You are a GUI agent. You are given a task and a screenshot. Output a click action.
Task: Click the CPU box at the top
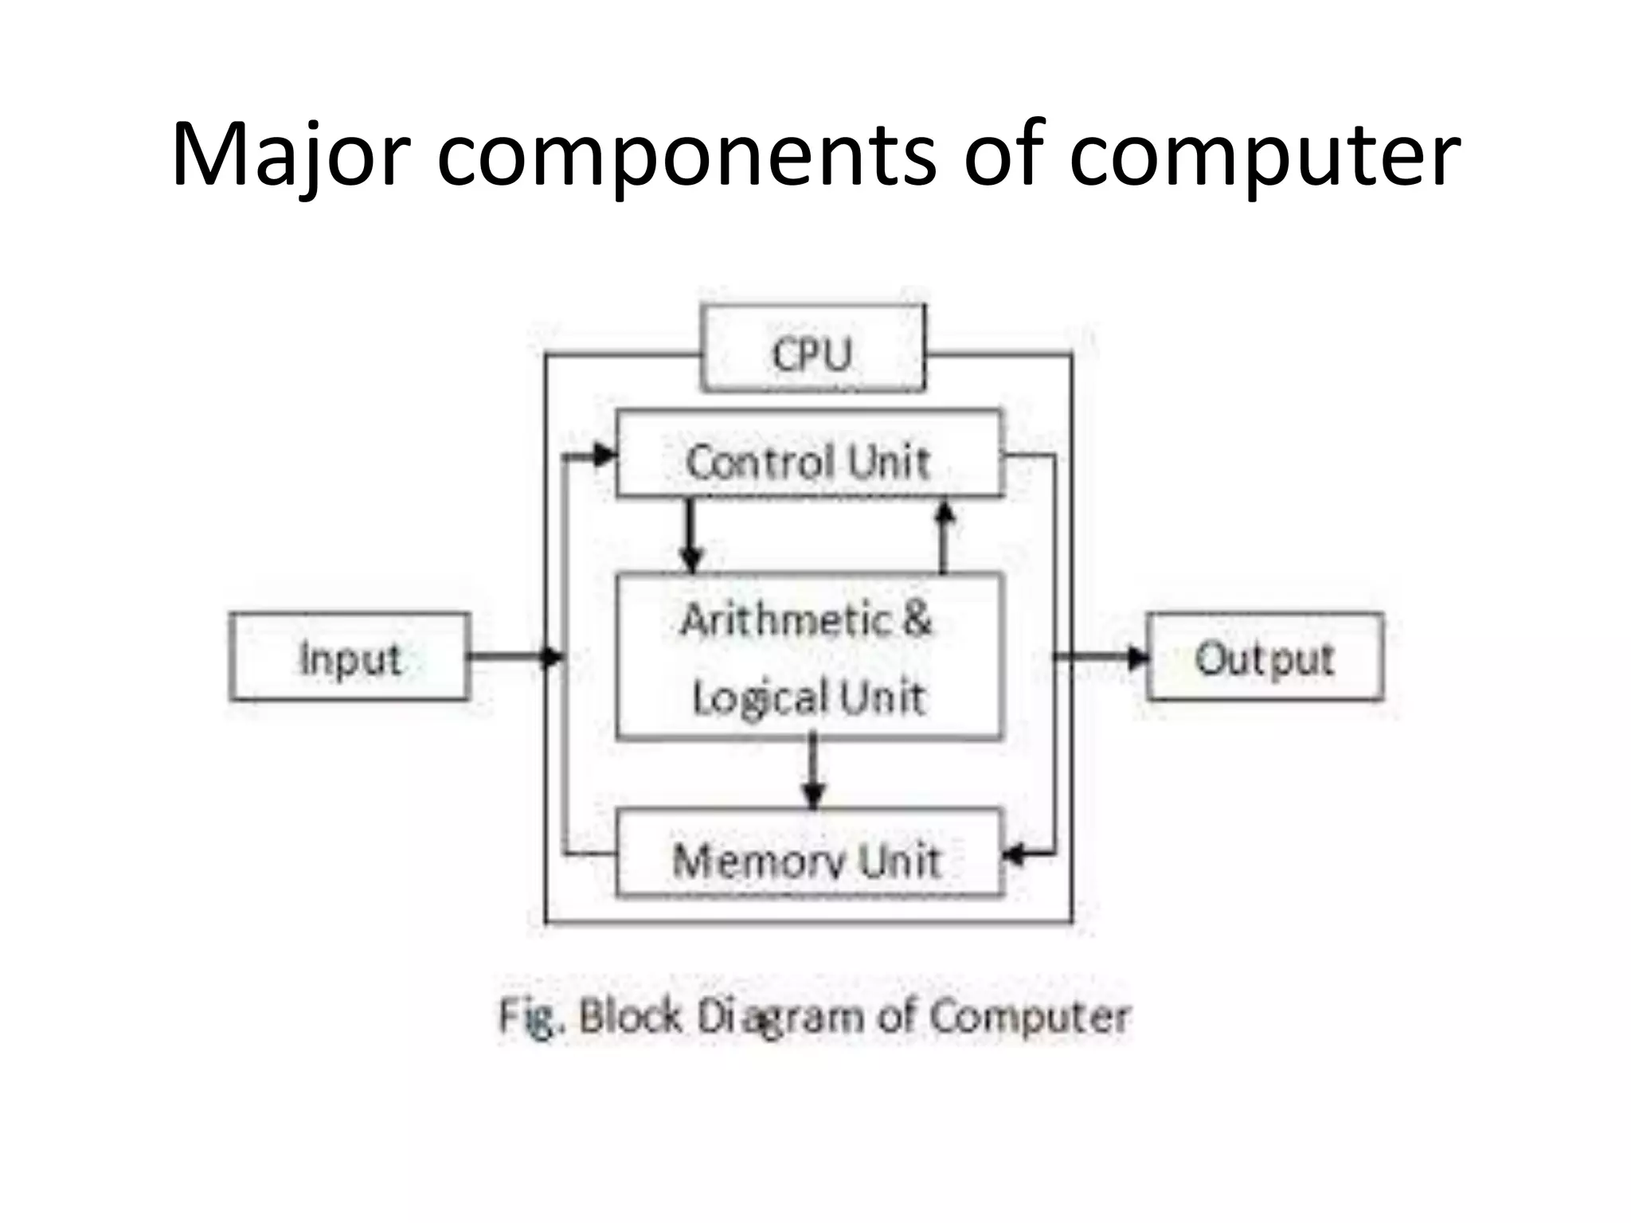click(x=812, y=350)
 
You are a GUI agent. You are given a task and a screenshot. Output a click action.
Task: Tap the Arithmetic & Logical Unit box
click(x=808, y=657)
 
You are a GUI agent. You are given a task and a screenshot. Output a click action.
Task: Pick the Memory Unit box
click(x=808, y=856)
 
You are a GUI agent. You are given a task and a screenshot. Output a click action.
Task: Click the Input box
click(x=349, y=657)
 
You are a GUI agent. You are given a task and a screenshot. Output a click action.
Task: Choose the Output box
click(x=1265, y=657)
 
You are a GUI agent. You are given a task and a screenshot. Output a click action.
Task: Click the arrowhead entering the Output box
click(x=1137, y=657)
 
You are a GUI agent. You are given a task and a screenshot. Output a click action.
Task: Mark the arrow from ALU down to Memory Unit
click(x=812, y=772)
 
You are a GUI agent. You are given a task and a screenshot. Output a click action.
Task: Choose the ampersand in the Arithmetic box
click(x=916, y=619)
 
